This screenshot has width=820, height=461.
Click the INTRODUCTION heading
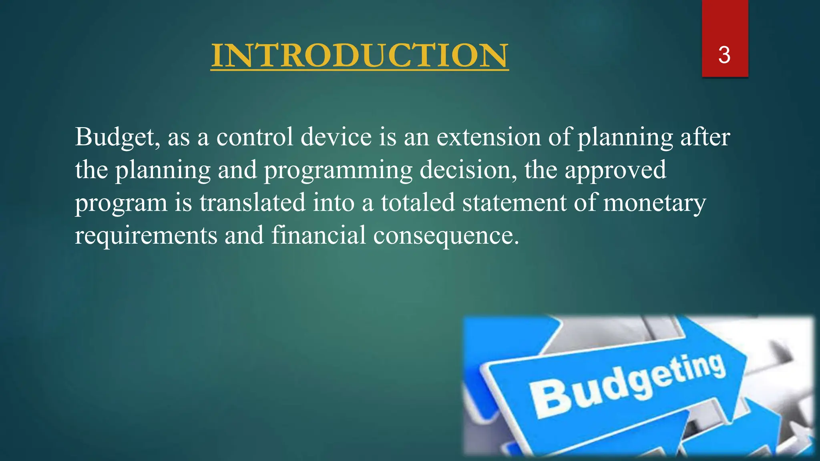click(360, 56)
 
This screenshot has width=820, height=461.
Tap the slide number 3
click(724, 55)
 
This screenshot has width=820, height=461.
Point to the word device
click(336, 137)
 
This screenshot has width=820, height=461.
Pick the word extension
click(488, 137)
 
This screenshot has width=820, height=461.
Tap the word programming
click(338, 170)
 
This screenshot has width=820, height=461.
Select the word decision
click(468, 170)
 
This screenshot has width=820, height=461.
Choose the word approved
click(615, 170)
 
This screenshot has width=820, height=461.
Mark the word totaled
click(418, 202)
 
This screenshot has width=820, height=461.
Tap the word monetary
click(654, 202)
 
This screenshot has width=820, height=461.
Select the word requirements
click(146, 235)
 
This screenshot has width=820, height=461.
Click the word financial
click(319, 235)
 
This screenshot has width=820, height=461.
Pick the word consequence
click(446, 235)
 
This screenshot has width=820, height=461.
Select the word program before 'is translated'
click(121, 203)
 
